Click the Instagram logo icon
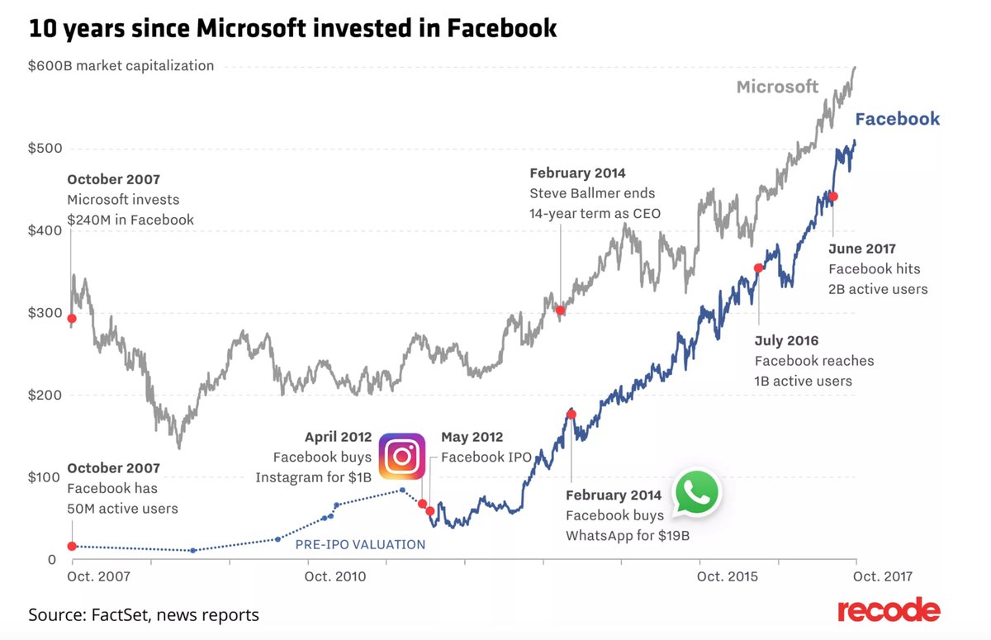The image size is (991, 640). (402, 457)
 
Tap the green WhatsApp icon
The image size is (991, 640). (697, 493)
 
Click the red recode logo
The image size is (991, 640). (888, 611)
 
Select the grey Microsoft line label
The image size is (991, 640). (777, 87)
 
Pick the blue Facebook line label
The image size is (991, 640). (897, 119)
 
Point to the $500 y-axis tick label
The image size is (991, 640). (45, 149)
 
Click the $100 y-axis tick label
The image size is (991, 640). (45, 477)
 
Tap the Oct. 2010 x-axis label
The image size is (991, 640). (335, 576)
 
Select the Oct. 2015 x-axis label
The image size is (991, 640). (728, 576)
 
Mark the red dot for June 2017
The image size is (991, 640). (833, 196)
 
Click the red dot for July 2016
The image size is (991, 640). (758, 268)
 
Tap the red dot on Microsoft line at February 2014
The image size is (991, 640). (560, 311)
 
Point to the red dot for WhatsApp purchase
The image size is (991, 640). (571, 414)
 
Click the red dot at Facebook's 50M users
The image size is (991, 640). (72, 546)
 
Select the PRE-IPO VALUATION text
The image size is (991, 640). (360, 544)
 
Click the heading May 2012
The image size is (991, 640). (472, 437)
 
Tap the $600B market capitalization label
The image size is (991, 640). (121, 65)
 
